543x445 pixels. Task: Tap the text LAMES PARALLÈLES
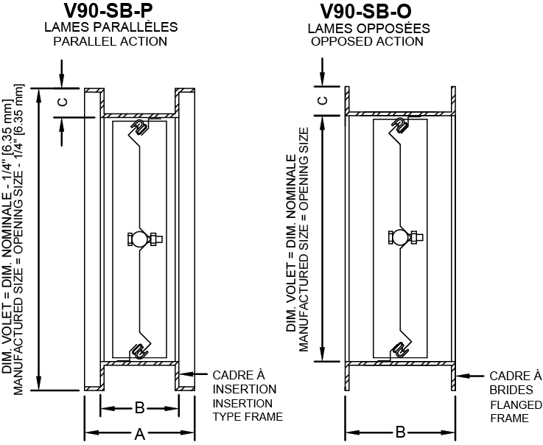coord(111,27)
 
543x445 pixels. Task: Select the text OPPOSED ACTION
coord(367,41)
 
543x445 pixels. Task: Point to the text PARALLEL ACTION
coord(110,41)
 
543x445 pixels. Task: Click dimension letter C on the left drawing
coord(63,102)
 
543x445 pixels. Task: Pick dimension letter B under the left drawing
coord(139,407)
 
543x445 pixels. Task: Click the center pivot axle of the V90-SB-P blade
coord(140,239)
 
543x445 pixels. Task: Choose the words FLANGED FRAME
coord(509,411)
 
